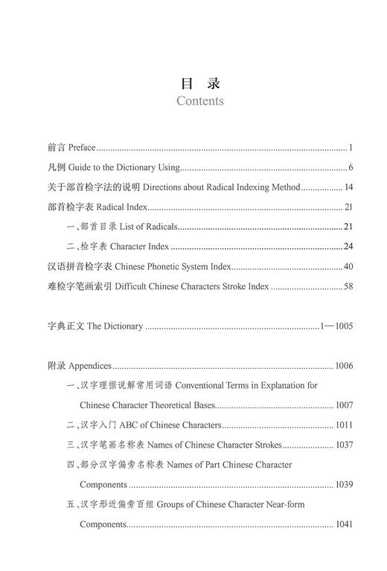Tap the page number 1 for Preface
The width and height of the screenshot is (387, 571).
pos(350,148)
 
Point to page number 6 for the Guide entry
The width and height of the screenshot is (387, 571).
pos(350,168)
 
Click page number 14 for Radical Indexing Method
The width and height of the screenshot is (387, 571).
pos(348,187)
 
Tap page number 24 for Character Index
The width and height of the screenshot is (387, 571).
pos(348,246)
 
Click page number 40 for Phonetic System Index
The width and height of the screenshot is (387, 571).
pos(348,266)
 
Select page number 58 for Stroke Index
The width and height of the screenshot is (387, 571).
pos(348,286)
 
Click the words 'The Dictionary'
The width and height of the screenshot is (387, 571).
pos(115,326)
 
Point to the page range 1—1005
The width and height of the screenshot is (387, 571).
pos(336,326)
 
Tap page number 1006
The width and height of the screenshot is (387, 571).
pos(343,366)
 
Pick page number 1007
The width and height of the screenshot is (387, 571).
pos(343,405)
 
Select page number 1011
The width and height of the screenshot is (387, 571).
pos(343,425)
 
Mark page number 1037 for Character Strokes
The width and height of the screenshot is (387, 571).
pos(343,445)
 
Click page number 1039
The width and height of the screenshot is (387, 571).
pos(343,485)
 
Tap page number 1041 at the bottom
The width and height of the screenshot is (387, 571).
pos(343,524)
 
